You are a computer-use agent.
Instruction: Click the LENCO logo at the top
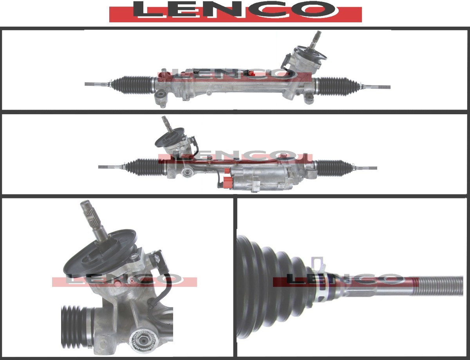click(x=235, y=11)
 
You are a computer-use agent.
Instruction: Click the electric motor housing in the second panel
click(x=262, y=179)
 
